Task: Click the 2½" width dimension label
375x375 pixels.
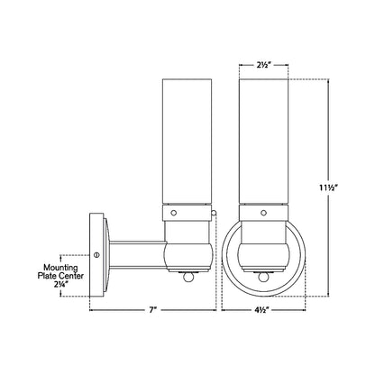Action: click(x=264, y=66)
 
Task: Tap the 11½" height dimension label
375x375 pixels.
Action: click(x=328, y=187)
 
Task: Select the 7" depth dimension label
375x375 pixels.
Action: click(x=153, y=309)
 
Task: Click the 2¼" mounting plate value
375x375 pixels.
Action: click(x=60, y=284)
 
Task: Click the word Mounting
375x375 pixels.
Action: click(x=60, y=268)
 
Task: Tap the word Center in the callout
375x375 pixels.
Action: click(x=71, y=276)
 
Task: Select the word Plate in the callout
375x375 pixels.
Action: click(x=47, y=276)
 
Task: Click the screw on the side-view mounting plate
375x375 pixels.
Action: click(x=96, y=255)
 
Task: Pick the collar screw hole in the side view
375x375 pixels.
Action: click(x=173, y=213)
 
